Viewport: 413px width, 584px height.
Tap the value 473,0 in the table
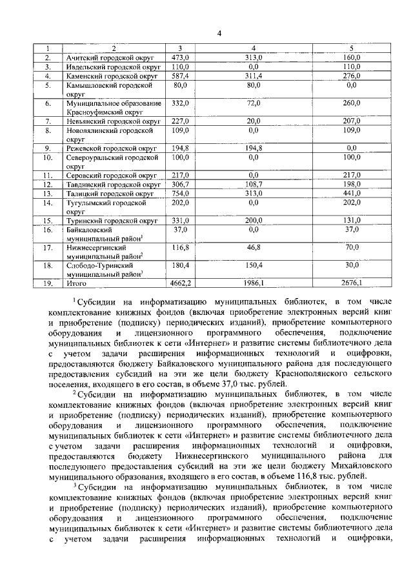click(179, 57)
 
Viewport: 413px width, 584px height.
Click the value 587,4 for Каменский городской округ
click(179, 76)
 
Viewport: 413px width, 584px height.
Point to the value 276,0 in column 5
click(351, 76)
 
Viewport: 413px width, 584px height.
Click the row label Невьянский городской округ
click(113, 121)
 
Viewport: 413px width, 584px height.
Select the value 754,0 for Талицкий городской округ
click(179, 192)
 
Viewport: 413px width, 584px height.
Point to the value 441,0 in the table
click(351, 192)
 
